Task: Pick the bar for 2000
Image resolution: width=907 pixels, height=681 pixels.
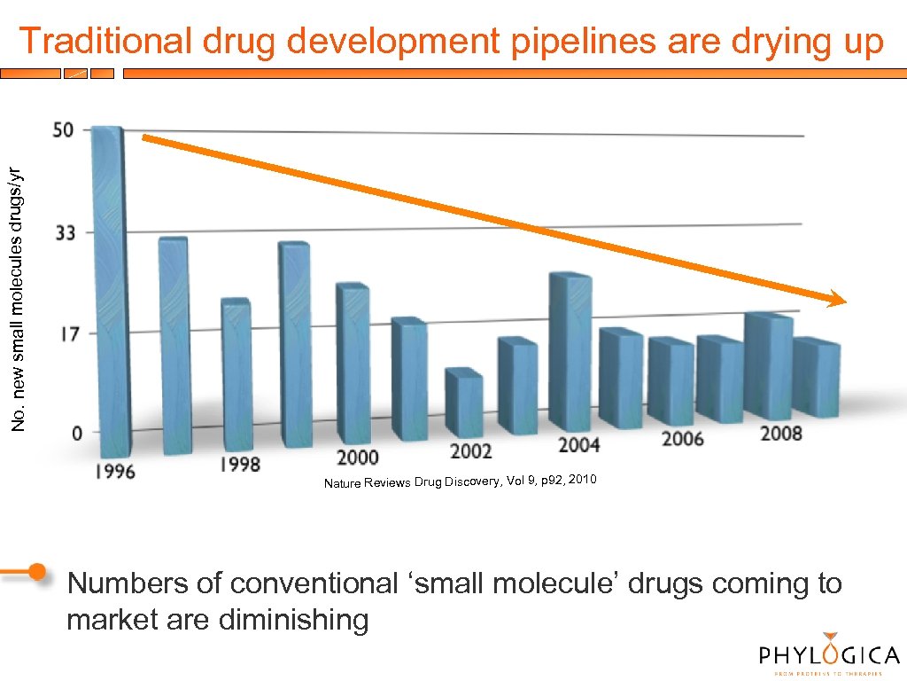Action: [353, 364]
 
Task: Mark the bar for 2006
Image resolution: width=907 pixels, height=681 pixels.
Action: [671, 381]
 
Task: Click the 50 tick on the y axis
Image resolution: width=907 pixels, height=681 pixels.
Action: [65, 129]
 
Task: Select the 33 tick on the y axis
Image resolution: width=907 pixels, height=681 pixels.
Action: [65, 233]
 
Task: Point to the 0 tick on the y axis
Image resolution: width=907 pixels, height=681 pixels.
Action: [77, 433]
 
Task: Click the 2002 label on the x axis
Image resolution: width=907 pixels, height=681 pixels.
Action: [469, 451]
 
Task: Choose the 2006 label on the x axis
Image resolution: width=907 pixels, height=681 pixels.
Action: [682, 438]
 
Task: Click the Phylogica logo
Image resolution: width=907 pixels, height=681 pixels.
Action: [829, 654]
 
